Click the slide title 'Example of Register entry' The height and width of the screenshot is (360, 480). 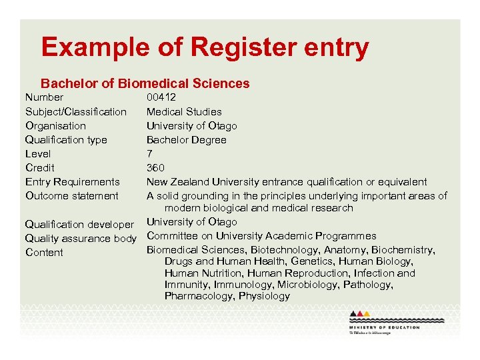(205, 47)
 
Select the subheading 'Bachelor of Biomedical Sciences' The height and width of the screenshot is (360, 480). (145, 83)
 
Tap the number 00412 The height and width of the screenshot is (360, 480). (161, 97)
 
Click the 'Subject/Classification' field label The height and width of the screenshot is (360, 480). (76, 111)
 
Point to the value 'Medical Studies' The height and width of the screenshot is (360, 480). (184, 111)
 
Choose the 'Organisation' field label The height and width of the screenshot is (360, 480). (55, 125)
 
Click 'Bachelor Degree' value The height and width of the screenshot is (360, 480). (187, 139)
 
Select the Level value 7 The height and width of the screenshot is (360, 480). (149, 153)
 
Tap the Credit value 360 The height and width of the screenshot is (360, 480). (155, 167)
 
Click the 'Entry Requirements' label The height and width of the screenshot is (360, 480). (73, 181)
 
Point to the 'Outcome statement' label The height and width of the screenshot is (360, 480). (72, 195)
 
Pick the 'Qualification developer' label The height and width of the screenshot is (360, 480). (79, 224)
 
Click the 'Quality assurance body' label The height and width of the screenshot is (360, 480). (81, 238)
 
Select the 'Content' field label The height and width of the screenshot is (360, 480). (44, 252)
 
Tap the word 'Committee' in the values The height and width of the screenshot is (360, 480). (171, 235)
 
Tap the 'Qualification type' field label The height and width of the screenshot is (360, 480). (66, 139)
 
